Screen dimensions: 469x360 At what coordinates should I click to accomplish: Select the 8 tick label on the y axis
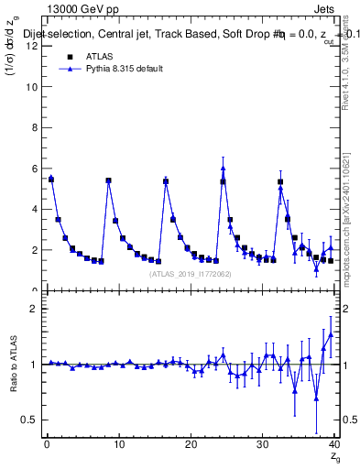pos(35,127)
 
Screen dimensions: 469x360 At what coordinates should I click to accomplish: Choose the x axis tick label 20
pos(191,446)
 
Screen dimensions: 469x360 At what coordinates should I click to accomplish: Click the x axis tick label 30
pos(263,446)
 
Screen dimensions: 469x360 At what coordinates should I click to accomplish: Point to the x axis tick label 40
pos(334,446)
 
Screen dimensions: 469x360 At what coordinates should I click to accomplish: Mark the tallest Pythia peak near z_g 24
pos(223,168)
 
